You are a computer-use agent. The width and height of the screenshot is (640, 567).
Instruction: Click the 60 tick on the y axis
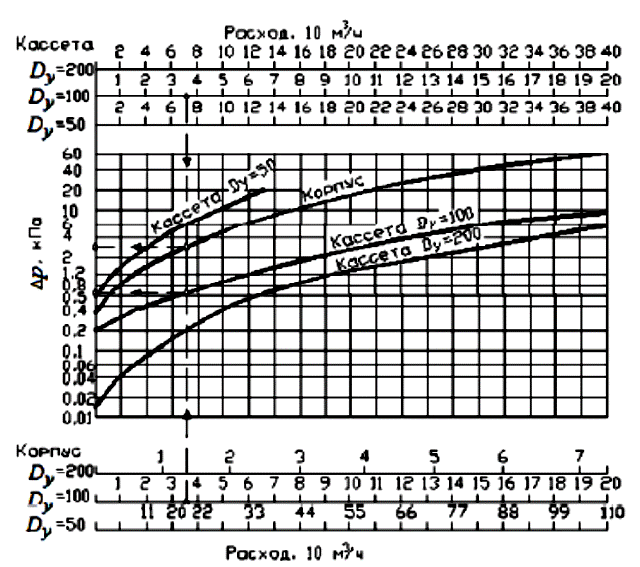click(x=70, y=154)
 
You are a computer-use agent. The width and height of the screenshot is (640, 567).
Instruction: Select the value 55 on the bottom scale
click(x=353, y=513)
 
